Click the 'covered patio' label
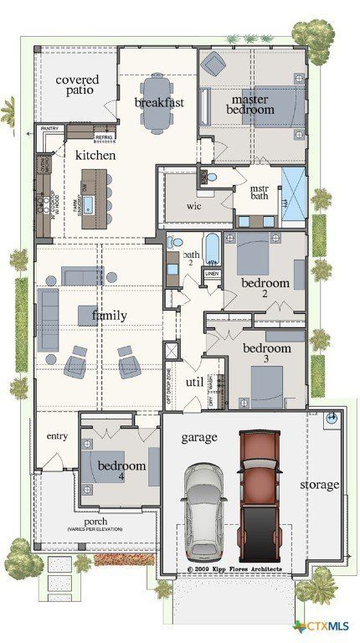[x=76, y=86]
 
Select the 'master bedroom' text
[x=252, y=104]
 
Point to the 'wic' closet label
[x=193, y=205]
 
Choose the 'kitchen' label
[x=95, y=156]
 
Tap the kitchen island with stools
[x=96, y=193]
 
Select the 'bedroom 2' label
[x=265, y=289]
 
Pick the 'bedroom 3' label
[x=266, y=353]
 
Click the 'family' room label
[x=109, y=316]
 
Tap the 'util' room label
[x=195, y=382]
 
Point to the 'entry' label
[x=57, y=436]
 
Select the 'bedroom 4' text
[x=121, y=471]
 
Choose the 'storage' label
[x=319, y=485]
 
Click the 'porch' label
[x=95, y=521]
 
